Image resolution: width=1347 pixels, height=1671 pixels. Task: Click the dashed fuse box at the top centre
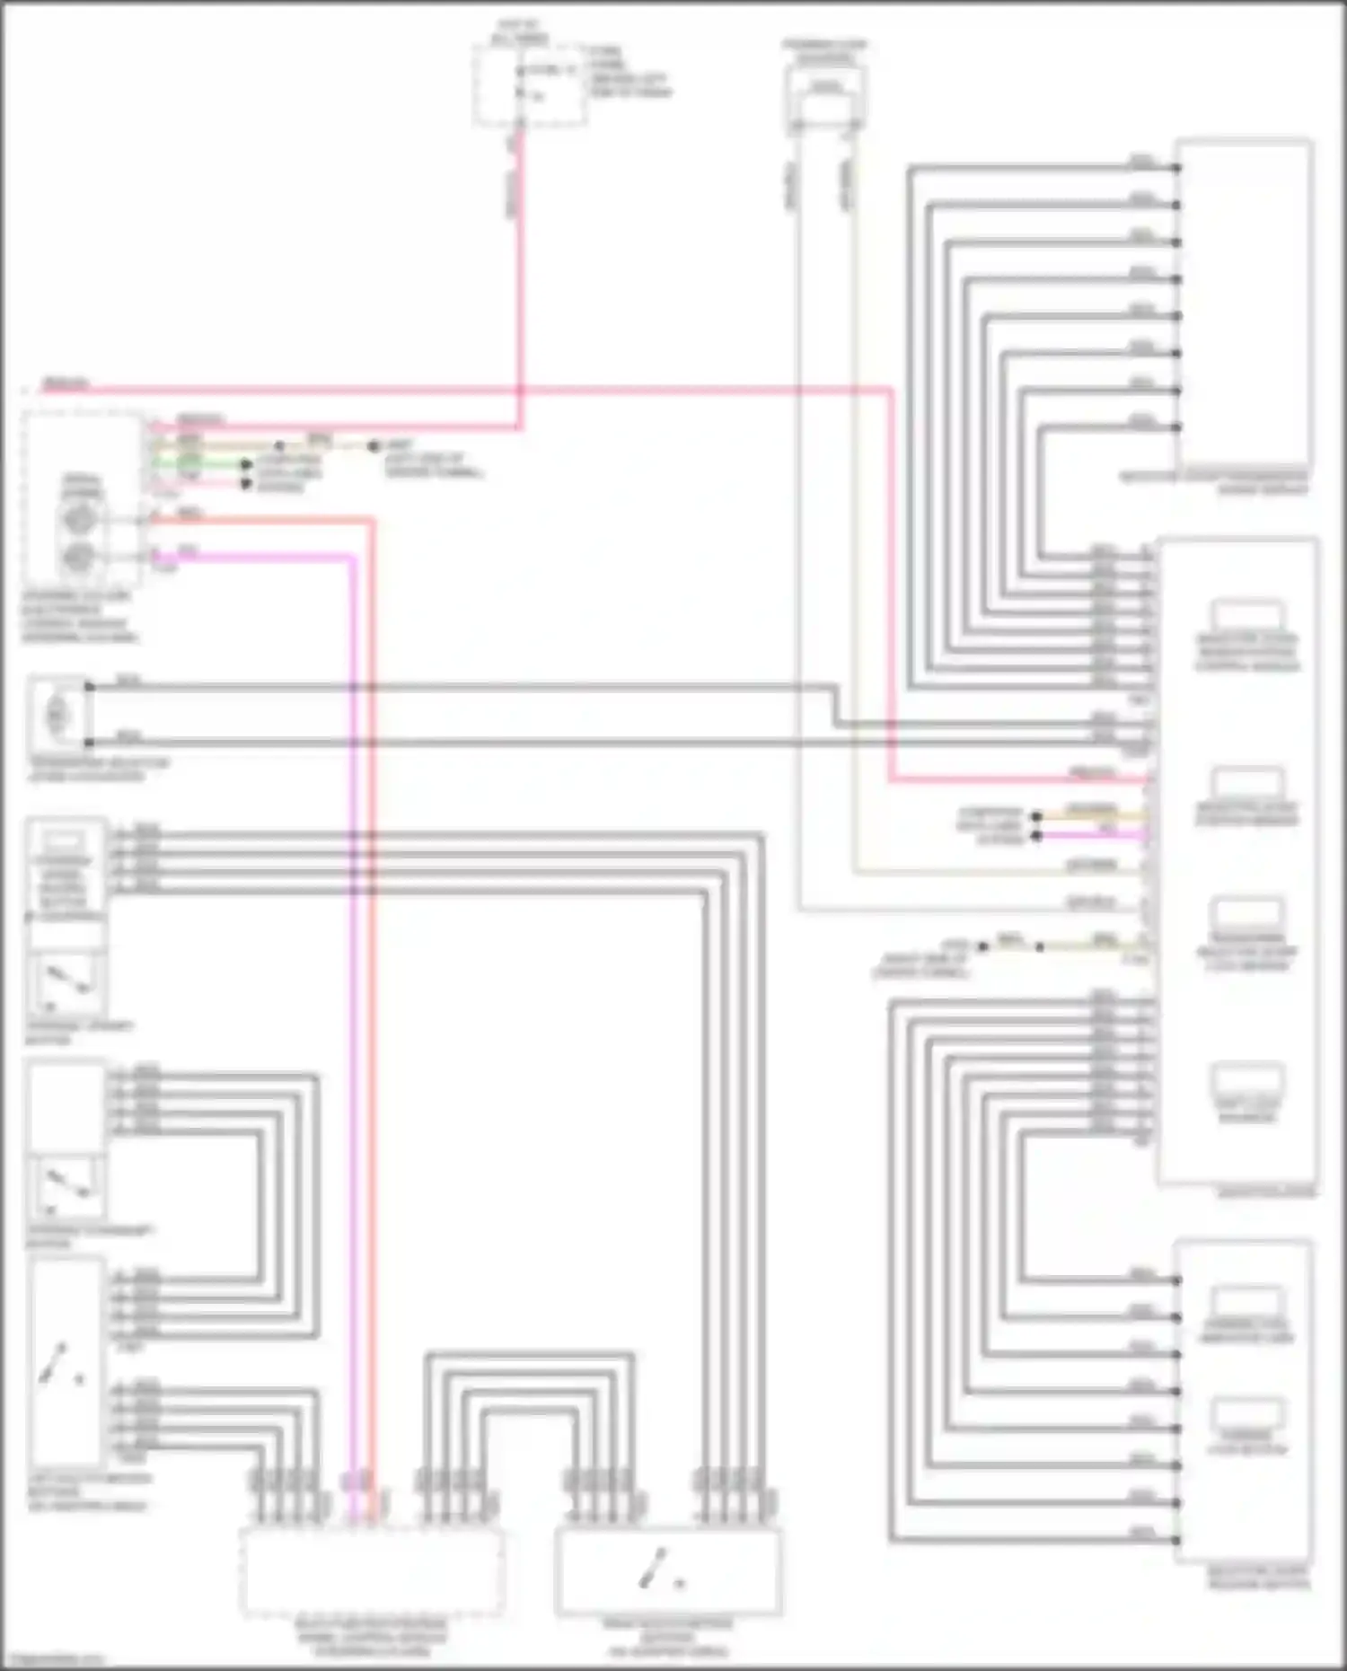click(x=530, y=86)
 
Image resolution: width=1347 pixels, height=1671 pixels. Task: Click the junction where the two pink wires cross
click(x=519, y=391)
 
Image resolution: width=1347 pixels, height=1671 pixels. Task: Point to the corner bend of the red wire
click(x=371, y=520)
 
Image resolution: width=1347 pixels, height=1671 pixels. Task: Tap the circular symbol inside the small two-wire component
click(x=57, y=715)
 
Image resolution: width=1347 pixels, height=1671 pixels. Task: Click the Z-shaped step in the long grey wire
click(x=836, y=706)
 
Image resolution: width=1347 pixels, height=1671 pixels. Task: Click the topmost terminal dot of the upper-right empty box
click(x=1176, y=167)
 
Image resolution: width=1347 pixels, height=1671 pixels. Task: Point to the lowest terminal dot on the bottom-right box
click(x=1176, y=1539)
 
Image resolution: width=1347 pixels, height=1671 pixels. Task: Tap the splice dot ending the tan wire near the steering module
click(x=374, y=445)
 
